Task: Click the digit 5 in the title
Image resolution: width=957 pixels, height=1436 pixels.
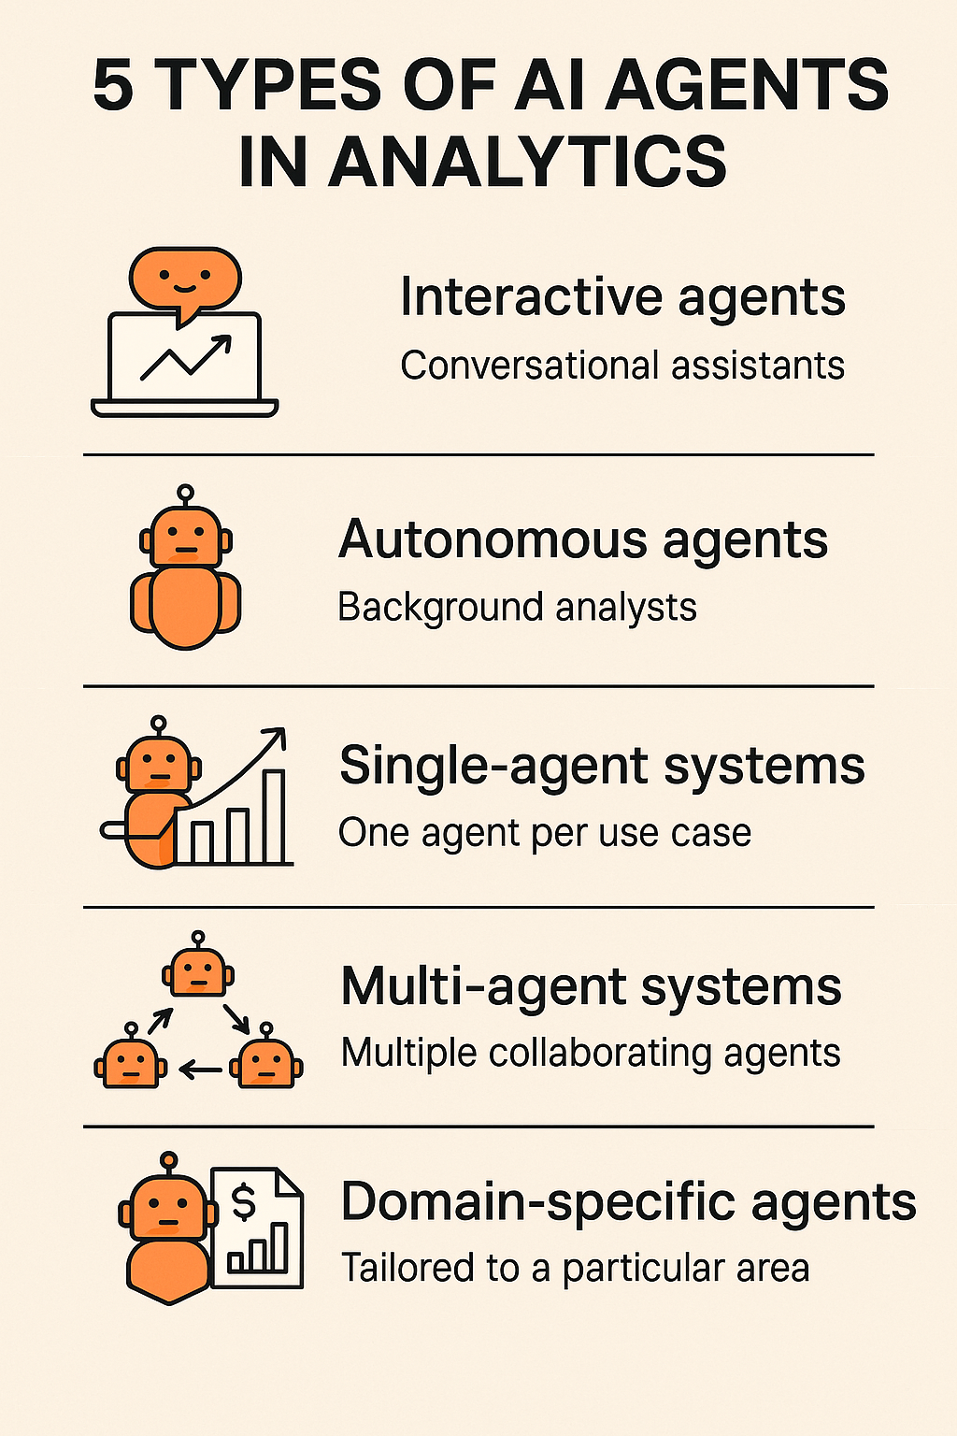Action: click(x=114, y=86)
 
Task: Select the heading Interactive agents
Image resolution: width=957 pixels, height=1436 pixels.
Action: click(x=622, y=297)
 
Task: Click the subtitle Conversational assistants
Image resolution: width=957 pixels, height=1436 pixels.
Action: click(x=622, y=366)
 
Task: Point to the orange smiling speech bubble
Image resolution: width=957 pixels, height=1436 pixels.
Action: click(x=185, y=279)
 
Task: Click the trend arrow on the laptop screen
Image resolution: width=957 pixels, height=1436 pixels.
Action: click(x=187, y=358)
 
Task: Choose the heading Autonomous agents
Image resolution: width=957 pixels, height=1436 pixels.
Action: click(x=583, y=540)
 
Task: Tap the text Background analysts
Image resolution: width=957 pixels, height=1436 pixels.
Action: click(x=517, y=608)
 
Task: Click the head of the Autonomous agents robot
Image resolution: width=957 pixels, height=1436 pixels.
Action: click(x=186, y=538)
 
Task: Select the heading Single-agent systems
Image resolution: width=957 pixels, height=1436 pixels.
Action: click(x=602, y=766)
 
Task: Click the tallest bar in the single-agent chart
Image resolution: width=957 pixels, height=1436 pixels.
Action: click(x=274, y=816)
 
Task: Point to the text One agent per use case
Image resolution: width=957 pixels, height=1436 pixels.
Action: click(x=545, y=833)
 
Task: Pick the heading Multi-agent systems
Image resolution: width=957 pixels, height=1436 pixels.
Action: click(x=591, y=986)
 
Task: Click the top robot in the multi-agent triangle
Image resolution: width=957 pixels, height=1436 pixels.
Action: click(x=198, y=972)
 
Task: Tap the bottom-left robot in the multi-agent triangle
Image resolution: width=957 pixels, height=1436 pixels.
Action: click(x=131, y=1064)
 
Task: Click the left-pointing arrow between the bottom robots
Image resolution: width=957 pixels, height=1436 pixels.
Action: click(x=200, y=1069)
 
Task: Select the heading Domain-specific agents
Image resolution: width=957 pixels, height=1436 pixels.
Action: click(x=628, y=1202)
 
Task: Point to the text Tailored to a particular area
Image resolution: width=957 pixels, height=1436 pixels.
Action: click(x=575, y=1269)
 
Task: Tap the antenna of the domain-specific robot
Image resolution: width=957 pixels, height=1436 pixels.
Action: click(x=168, y=1162)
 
